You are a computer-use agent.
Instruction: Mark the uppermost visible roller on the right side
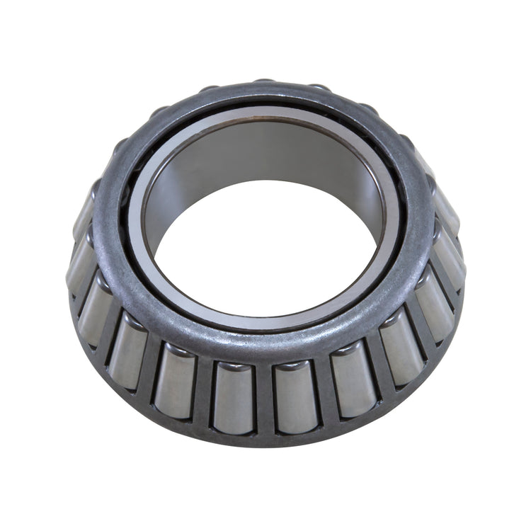(x=446, y=209)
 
